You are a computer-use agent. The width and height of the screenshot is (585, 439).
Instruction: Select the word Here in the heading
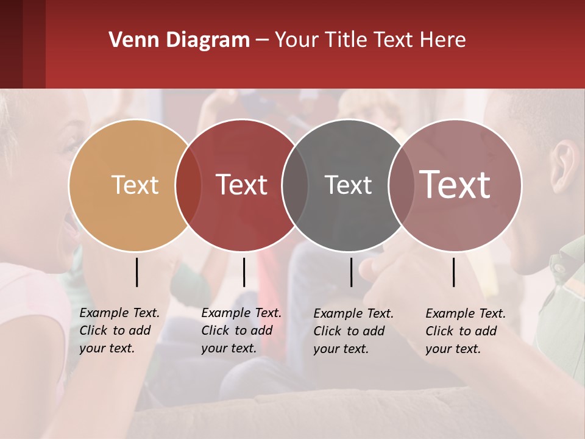(444, 40)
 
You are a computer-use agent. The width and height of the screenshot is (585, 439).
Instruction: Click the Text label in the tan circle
(135, 185)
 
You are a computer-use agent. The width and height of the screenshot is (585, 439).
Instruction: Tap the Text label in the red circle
(241, 185)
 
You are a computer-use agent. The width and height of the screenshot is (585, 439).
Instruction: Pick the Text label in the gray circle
(348, 185)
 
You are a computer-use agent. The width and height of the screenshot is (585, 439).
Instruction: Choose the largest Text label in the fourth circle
(455, 184)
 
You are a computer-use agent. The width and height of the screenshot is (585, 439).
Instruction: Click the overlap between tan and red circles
(188, 185)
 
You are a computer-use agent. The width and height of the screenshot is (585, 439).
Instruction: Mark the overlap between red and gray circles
(295, 185)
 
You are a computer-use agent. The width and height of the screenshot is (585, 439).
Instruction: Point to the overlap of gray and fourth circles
(402, 185)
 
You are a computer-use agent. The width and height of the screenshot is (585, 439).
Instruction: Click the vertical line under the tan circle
(137, 272)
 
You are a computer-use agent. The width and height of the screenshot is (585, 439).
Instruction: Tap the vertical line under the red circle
(244, 272)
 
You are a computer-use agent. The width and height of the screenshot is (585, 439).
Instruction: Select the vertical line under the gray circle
(351, 272)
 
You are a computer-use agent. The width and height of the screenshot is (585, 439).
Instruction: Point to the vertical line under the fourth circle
(453, 272)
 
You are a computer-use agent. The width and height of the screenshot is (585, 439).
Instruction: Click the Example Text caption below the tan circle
(119, 330)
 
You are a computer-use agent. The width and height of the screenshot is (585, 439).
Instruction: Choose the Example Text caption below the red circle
(241, 330)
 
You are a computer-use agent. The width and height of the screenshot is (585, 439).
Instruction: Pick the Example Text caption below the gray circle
(353, 331)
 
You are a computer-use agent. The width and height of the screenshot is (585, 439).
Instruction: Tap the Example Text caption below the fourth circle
(465, 331)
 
